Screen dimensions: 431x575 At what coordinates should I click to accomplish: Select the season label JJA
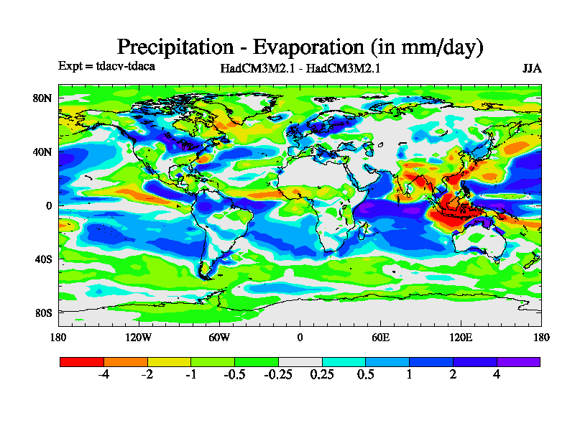[531, 69]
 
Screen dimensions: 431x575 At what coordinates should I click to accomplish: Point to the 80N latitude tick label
[43, 98]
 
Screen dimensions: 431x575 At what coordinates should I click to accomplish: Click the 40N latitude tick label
[43, 152]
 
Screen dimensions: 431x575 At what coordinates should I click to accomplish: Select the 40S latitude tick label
[43, 259]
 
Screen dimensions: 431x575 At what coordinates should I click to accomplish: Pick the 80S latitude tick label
[43, 312]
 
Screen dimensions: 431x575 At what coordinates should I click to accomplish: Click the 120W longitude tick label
[139, 337]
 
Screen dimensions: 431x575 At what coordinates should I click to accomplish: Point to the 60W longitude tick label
[219, 337]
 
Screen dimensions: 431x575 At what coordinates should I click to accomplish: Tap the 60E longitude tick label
[380, 337]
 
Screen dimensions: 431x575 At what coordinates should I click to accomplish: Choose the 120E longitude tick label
[461, 337]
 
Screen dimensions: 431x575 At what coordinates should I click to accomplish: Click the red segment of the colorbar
[81, 361]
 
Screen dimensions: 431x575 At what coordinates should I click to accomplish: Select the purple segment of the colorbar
[518, 361]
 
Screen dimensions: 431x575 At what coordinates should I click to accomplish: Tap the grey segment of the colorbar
[300, 361]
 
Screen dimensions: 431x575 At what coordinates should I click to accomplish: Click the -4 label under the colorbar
[103, 374]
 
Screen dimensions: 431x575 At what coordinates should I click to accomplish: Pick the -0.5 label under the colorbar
[234, 374]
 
